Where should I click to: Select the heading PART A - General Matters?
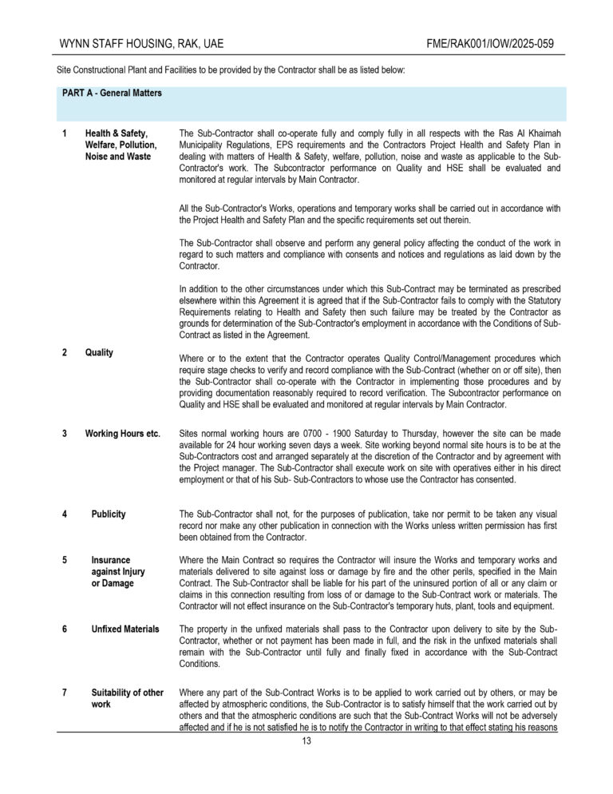click(x=112, y=93)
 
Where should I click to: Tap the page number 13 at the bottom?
click(x=306, y=740)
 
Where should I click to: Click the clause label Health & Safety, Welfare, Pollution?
click(x=121, y=145)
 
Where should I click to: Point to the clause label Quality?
click(x=99, y=352)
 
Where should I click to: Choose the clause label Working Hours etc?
click(x=123, y=434)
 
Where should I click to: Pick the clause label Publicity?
click(x=109, y=514)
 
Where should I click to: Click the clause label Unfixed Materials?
click(x=125, y=629)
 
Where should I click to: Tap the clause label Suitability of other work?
click(x=127, y=698)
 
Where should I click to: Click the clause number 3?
click(x=64, y=434)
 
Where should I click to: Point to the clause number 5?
click(x=64, y=561)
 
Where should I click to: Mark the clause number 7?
click(x=64, y=692)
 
